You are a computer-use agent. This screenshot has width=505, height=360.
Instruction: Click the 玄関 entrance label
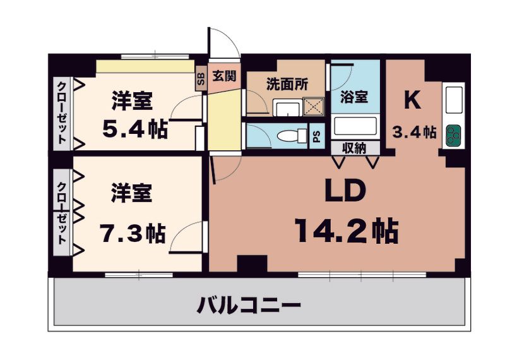pos(225,76)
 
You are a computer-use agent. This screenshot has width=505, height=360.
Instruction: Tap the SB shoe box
pos(201,78)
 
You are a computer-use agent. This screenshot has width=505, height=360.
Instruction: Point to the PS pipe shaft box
pos(317,136)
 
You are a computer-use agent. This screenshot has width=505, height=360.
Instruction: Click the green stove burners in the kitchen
pos(453,135)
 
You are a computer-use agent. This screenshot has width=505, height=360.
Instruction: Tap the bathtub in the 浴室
pos(355,126)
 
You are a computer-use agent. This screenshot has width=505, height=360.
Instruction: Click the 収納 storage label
pos(354,148)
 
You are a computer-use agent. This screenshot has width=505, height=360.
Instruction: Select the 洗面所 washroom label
pos(287,84)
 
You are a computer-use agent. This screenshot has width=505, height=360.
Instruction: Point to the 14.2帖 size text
pos(347,231)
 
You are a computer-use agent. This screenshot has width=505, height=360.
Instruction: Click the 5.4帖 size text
pos(135,129)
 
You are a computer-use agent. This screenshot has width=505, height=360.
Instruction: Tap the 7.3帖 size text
pos(133,233)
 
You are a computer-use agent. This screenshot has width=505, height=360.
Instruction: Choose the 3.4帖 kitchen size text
pos(415,131)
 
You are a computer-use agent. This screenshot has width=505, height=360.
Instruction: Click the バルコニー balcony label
pos(248,306)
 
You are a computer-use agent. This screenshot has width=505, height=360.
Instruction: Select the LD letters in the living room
pos(345,191)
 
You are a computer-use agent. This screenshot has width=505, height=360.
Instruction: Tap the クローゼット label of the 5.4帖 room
pos(62,113)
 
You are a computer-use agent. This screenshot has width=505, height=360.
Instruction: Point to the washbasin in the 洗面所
pos(287,107)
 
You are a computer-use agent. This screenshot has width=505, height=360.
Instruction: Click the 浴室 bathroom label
pos(354,97)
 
